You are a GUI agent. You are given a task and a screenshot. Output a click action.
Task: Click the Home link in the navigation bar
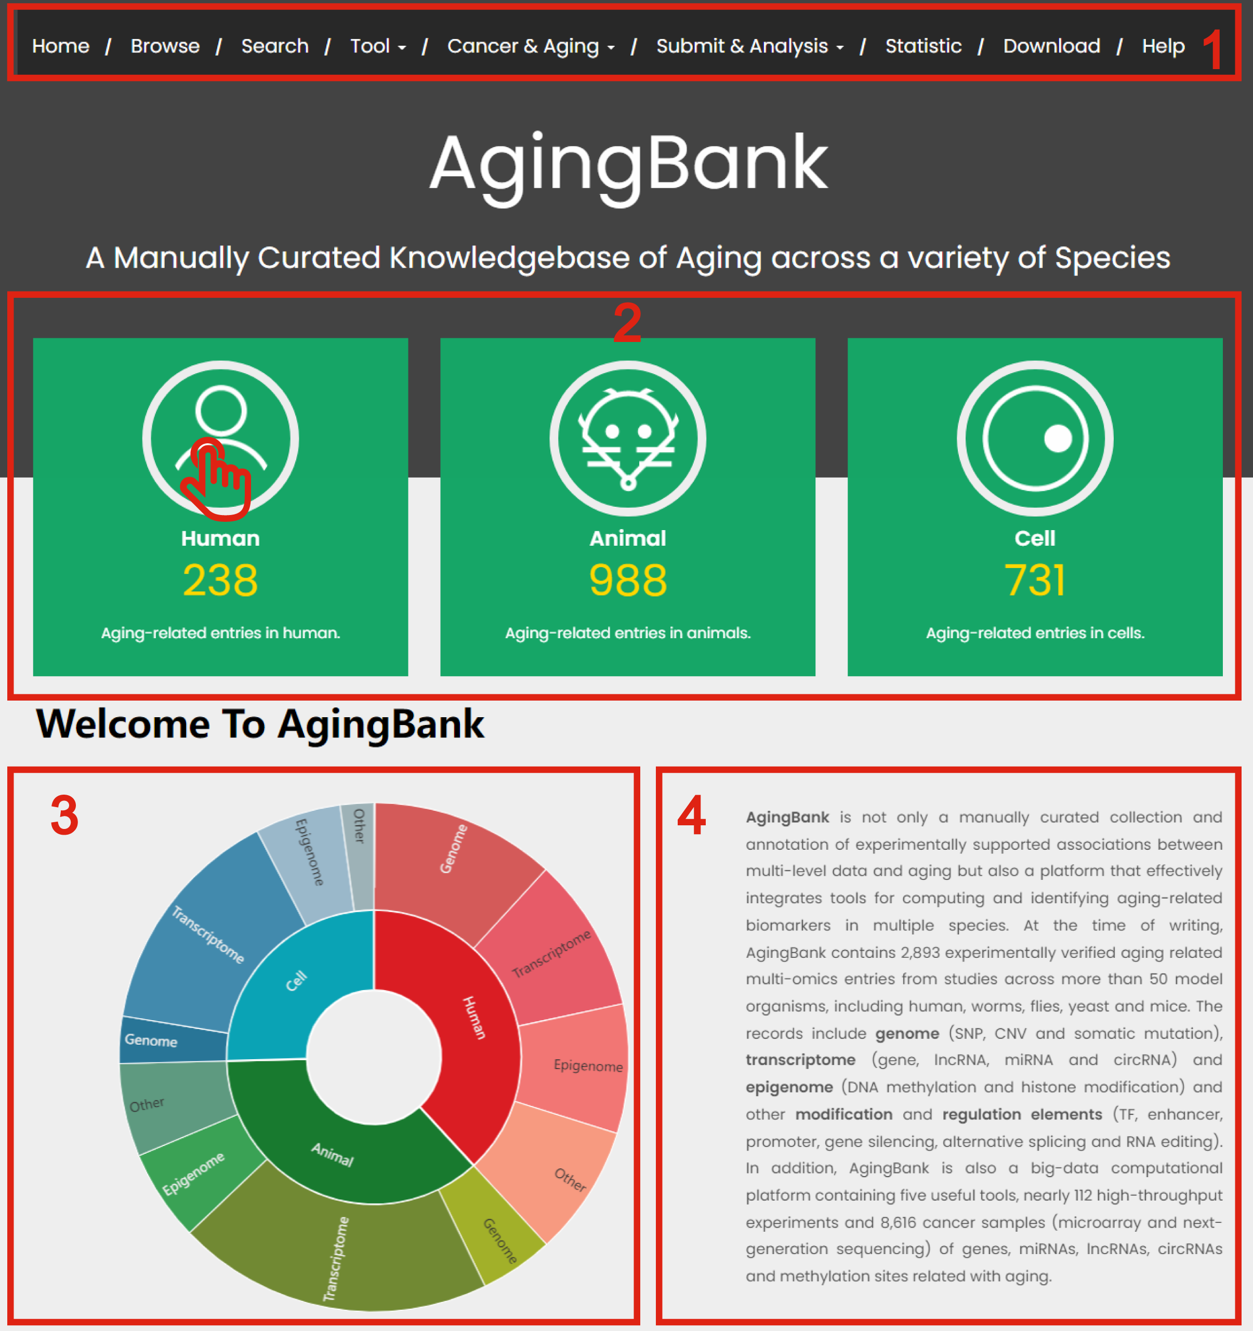pos(60,46)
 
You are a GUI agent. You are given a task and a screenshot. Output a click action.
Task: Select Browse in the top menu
pos(165,46)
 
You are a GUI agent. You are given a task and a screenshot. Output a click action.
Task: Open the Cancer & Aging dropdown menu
pos(531,46)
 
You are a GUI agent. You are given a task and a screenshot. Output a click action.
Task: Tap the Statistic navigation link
pos(923,46)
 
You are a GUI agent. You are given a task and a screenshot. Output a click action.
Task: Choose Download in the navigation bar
pos(1051,46)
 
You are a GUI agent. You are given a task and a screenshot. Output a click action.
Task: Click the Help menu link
pos(1163,46)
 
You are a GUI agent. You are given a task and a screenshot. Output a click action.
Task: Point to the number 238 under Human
pos(220,580)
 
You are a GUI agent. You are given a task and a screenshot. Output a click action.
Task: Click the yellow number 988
pos(628,580)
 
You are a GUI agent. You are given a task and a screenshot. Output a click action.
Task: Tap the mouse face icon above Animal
pos(628,439)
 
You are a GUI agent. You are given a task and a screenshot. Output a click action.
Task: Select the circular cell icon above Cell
pos(1035,439)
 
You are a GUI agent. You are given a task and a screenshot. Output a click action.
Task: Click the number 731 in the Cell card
pos(1035,580)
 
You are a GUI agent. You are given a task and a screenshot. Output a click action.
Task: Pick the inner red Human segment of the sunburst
pos(469,1024)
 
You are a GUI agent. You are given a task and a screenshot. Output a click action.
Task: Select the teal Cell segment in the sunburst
pos(295,984)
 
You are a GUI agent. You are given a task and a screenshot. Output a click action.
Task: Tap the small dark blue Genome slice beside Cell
pos(173,1040)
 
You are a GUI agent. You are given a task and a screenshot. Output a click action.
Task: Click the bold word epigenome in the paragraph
pos(789,1087)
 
